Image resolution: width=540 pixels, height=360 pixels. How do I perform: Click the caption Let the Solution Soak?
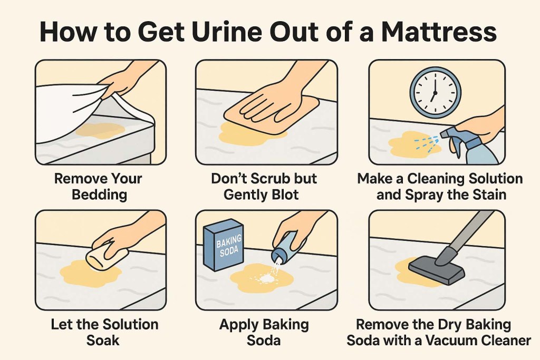[x=104, y=332]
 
